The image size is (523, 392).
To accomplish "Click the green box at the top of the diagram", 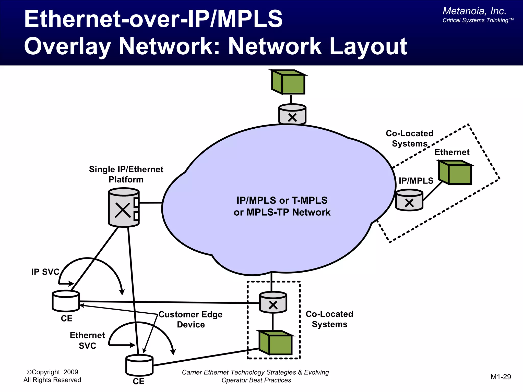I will tap(289, 82).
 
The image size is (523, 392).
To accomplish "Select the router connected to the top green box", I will tap(292, 114).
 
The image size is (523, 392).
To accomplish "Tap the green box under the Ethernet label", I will tap(455, 173).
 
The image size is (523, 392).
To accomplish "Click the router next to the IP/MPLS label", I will tap(409, 200).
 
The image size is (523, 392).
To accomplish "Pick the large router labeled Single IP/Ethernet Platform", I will tap(124, 207).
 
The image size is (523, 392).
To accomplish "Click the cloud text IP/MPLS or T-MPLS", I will tap(282, 201).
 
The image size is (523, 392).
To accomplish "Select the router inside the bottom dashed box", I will tap(273, 302).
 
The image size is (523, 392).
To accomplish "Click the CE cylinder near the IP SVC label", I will tap(66, 301).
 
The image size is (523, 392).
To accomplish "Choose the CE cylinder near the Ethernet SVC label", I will tap(139, 365).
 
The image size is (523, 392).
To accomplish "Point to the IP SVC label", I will tap(45, 272).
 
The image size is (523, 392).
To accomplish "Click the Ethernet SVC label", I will tap(87, 340).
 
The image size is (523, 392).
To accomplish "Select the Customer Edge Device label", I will tap(191, 320).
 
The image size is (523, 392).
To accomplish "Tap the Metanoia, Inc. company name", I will tap(474, 11).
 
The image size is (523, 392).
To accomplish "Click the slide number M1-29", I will tap(501, 377).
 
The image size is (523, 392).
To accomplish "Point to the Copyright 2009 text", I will tap(52, 372).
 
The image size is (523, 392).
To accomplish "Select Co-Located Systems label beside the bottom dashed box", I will tap(329, 319).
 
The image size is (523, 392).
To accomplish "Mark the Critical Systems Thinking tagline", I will tap(478, 20).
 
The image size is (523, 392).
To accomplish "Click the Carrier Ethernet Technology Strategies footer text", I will tap(255, 372).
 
